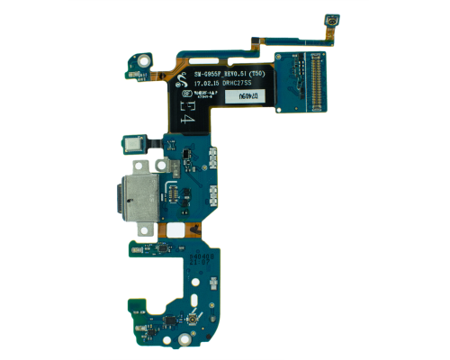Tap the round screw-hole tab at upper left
144,61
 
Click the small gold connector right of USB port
168,189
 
